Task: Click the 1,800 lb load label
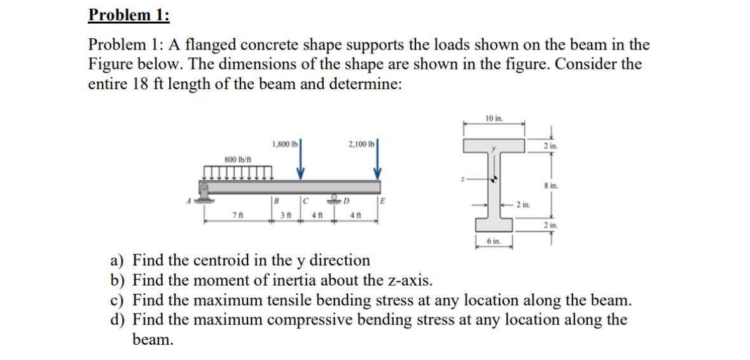point(283,144)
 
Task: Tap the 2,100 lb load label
point(361,144)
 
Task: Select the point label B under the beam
point(275,200)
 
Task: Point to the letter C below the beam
point(305,200)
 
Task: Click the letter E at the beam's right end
point(383,200)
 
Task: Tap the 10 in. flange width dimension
point(494,118)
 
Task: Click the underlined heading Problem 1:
point(129,14)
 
